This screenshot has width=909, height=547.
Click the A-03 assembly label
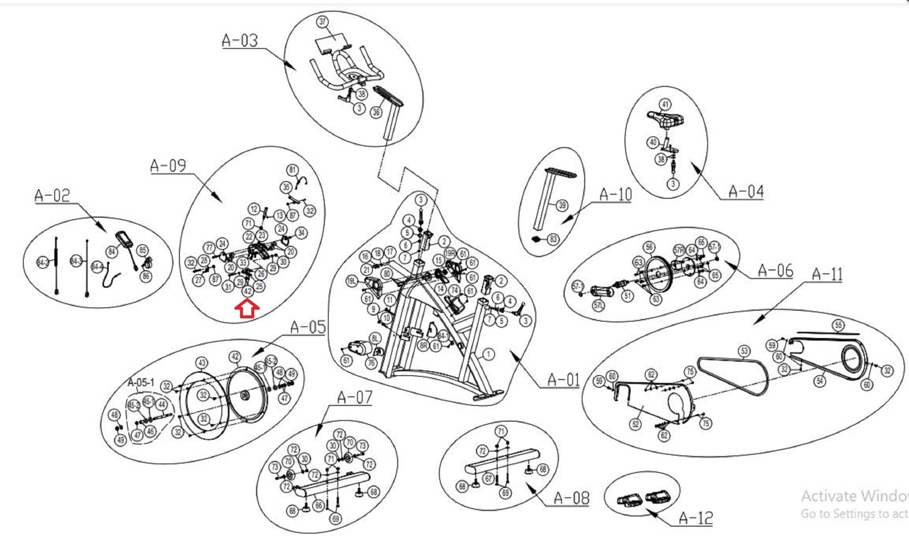click(240, 40)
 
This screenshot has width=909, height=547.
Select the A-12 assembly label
click(696, 518)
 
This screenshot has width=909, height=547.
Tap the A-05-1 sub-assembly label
click(141, 382)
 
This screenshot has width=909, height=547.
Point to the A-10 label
click(615, 194)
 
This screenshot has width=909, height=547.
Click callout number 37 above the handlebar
click(322, 21)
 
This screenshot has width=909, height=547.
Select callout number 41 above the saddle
click(665, 105)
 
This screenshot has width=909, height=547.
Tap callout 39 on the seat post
click(562, 205)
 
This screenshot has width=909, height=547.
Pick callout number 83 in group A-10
click(553, 239)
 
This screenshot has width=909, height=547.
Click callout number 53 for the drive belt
click(744, 351)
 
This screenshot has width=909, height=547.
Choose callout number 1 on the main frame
click(488, 354)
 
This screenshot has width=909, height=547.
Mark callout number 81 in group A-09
click(292, 170)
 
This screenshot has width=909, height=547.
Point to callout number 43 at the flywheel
click(202, 363)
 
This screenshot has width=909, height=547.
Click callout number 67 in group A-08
click(489, 478)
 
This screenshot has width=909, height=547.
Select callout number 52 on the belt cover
click(636, 424)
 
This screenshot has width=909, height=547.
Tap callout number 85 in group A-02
click(142, 250)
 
